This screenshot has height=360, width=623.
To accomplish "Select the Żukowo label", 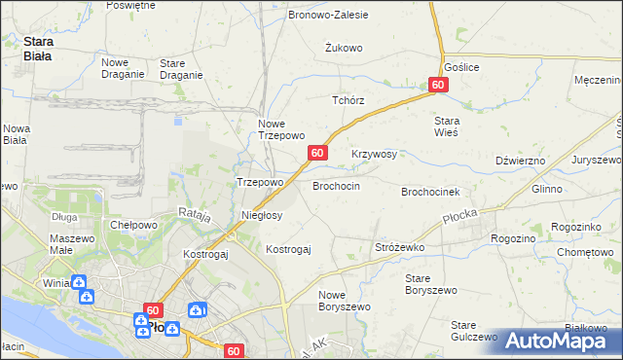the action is click(344, 47).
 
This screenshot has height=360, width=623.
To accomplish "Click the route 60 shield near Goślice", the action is click(437, 86).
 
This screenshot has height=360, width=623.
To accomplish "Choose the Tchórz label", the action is click(348, 100).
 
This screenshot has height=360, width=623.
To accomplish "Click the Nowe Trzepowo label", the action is click(281, 129).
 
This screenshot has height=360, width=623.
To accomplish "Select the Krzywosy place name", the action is click(374, 154).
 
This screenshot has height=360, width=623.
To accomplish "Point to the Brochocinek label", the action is click(437, 192).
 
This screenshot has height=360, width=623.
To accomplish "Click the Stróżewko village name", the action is click(400, 248).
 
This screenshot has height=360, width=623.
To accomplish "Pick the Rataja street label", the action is click(195, 214).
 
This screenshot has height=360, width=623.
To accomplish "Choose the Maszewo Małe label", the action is click(71, 245).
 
